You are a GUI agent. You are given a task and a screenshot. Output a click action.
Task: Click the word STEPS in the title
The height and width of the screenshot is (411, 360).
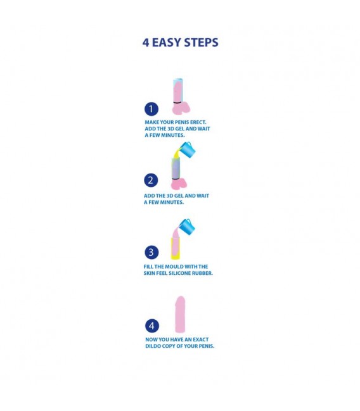tap(201, 42)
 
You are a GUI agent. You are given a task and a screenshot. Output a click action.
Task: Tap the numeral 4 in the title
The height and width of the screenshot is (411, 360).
tap(146, 42)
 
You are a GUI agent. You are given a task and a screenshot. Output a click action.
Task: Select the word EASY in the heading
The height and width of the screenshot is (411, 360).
tap(167, 42)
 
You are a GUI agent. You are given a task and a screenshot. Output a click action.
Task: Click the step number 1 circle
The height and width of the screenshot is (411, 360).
tap(151, 109)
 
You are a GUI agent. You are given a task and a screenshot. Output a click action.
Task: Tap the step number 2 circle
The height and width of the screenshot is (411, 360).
tap(151, 180)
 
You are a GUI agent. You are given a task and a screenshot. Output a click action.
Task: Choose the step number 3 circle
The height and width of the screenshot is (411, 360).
tap(151, 252)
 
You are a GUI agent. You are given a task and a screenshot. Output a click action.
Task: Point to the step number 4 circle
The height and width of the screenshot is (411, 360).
tap(152, 326)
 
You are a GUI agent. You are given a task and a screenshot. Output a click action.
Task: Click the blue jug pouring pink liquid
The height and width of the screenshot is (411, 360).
tap(188, 227)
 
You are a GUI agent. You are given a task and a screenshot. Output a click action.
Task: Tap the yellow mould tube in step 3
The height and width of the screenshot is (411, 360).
tap(176, 248)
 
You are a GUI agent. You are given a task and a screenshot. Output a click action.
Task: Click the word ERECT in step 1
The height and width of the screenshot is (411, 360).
tap(198, 122)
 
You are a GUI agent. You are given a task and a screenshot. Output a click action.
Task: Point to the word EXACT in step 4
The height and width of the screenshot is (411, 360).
tap(201, 339)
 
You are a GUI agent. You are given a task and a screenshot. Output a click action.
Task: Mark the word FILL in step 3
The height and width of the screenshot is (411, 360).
tap(148, 267)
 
